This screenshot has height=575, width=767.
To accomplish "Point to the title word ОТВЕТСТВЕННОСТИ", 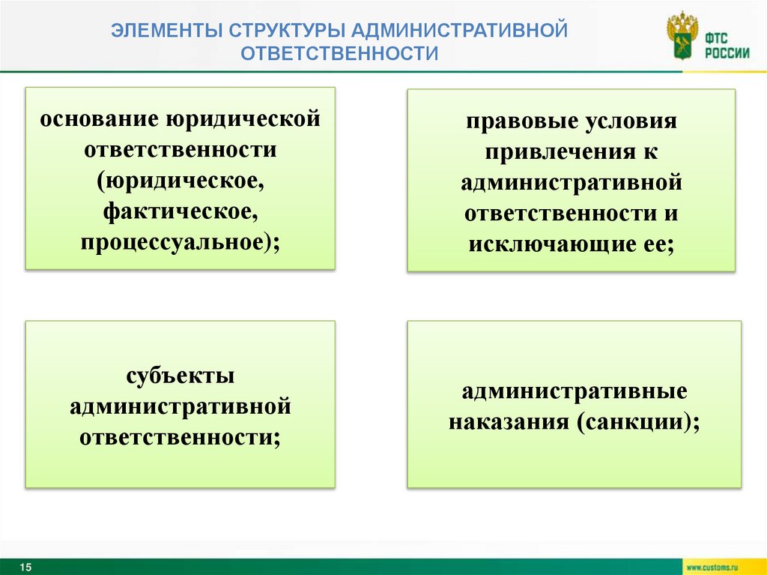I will (x=339, y=54).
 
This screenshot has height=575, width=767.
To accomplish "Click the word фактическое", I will (x=180, y=214).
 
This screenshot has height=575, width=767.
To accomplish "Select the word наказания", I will (x=509, y=422).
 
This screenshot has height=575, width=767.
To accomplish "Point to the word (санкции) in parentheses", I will (x=636, y=422).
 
